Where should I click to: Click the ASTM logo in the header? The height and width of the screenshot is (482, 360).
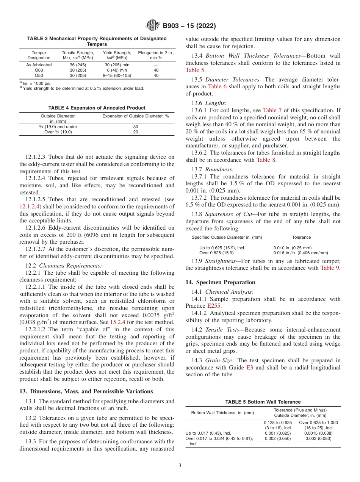(153, 26)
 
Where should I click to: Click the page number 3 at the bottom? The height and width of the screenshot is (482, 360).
(180, 465)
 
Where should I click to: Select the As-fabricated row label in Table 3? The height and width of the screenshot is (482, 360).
(39, 65)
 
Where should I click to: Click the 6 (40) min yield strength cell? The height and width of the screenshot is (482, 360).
(117, 70)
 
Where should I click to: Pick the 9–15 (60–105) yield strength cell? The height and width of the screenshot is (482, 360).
(117, 75)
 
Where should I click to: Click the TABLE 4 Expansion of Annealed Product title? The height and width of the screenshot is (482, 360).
(97, 108)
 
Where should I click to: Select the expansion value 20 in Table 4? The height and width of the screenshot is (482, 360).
(135, 132)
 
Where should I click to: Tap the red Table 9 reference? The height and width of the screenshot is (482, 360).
(330, 268)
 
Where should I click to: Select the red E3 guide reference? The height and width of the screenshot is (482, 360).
(249, 368)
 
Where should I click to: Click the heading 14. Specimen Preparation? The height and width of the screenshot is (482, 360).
(220, 282)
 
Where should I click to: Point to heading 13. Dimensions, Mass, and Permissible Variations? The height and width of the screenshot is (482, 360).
(86, 391)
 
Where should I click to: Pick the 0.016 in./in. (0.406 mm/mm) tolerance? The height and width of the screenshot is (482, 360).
(301, 253)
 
